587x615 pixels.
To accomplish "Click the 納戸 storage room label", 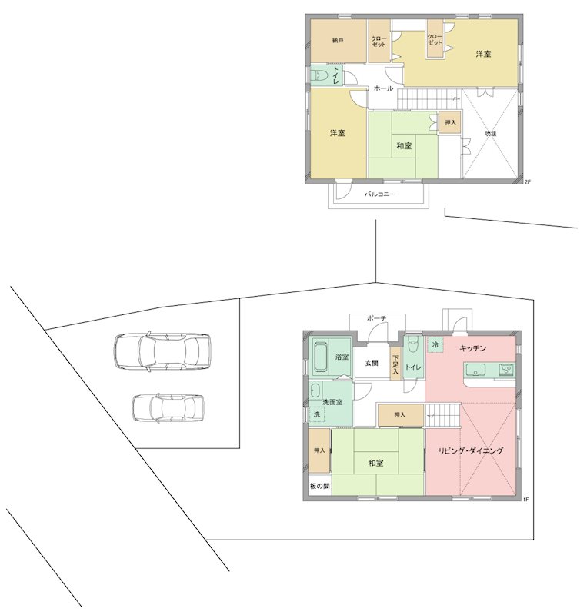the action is click(338, 41).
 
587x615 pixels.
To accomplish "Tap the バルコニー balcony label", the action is click(380, 194).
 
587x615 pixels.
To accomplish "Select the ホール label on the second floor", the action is click(383, 88).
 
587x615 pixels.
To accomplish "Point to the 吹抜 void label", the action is click(491, 134).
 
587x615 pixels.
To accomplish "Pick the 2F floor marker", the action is click(528, 181).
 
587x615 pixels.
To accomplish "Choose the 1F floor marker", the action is click(525, 500).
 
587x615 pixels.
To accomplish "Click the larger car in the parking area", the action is click(162, 351).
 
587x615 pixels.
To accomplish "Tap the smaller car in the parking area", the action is click(168, 408).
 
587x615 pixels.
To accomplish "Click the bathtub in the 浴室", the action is click(320, 357).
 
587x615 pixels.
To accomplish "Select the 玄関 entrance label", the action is click(372, 363).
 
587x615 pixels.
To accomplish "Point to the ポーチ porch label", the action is click(377, 318).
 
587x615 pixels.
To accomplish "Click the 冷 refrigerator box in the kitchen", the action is click(435, 344).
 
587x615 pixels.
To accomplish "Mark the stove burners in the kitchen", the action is click(506, 370).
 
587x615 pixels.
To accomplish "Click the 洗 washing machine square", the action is click(316, 414).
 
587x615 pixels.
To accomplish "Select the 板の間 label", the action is click(319, 487).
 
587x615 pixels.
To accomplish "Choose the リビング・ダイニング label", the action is click(470, 450).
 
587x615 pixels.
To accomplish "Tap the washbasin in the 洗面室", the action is click(315, 391).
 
